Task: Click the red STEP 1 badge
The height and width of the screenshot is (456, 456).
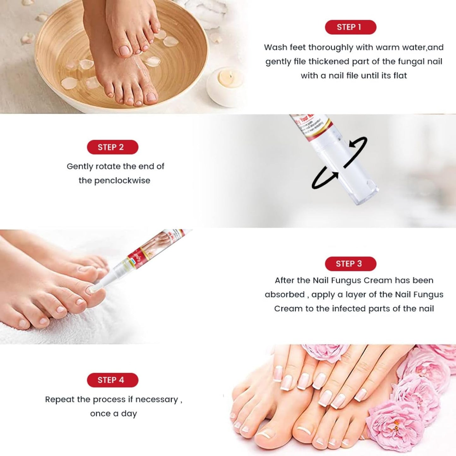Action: [x=350, y=27]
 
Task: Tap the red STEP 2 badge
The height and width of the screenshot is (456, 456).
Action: [x=112, y=147]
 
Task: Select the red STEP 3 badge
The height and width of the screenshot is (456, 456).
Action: [x=350, y=264]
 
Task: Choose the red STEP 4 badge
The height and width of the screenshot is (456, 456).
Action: [x=112, y=380]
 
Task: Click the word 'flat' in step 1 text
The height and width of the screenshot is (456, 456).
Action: [x=400, y=75]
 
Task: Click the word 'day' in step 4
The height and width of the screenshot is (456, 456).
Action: [x=129, y=414]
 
